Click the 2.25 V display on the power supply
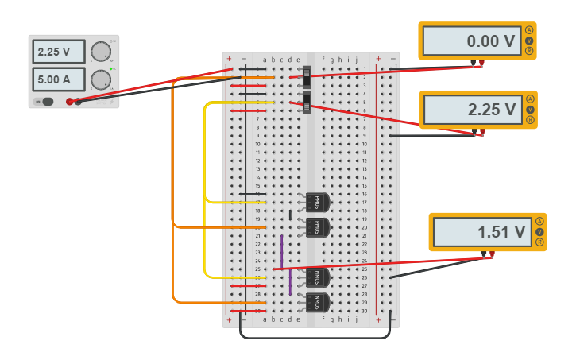(x=58, y=52)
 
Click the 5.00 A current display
(x=58, y=79)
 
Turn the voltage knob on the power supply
(x=100, y=52)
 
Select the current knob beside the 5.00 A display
(x=100, y=79)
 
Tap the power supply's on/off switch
(x=48, y=101)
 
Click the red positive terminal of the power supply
(x=70, y=102)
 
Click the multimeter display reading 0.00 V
(x=470, y=41)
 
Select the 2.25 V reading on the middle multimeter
(x=470, y=110)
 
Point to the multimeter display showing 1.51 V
(x=480, y=232)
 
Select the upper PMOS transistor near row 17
(x=315, y=202)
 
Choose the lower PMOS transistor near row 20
(x=315, y=227)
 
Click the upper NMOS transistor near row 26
(x=315, y=277)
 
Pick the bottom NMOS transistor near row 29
(x=315, y=302)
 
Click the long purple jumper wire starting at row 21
(x=281, y=251)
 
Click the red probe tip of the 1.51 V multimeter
(x=492, y=255)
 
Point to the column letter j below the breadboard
(x=357, y=319)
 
